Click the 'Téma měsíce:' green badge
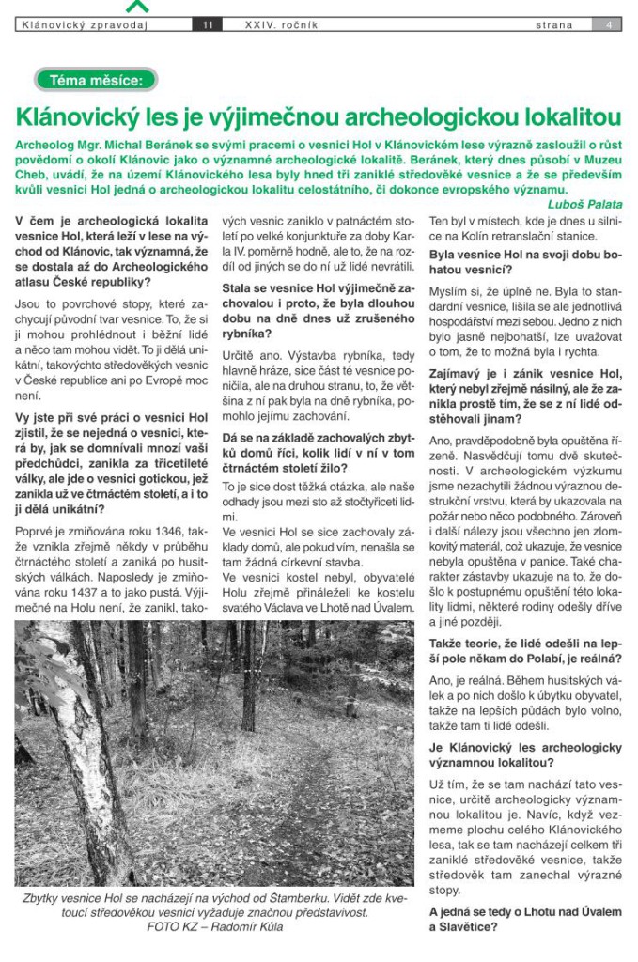(96, 81)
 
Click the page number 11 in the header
(207, 25)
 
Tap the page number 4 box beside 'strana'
(609, 25)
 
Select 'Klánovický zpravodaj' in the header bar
(86, 25)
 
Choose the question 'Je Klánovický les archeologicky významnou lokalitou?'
(524, 754)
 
